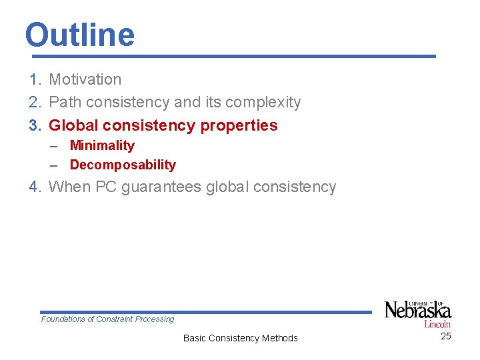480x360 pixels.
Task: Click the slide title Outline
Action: click(79, 35)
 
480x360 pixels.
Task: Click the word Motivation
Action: click(85, 79)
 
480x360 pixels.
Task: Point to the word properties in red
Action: click(239, 125)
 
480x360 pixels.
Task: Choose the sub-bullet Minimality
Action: click(102, 145)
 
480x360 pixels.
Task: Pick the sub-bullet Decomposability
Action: click(123, 165)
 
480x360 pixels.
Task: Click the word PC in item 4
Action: click(107, 187)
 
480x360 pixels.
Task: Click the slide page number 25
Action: click(446, 336)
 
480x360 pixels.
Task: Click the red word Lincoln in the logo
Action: click(437, 324)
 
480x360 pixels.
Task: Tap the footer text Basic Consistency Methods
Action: click(240, 338)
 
